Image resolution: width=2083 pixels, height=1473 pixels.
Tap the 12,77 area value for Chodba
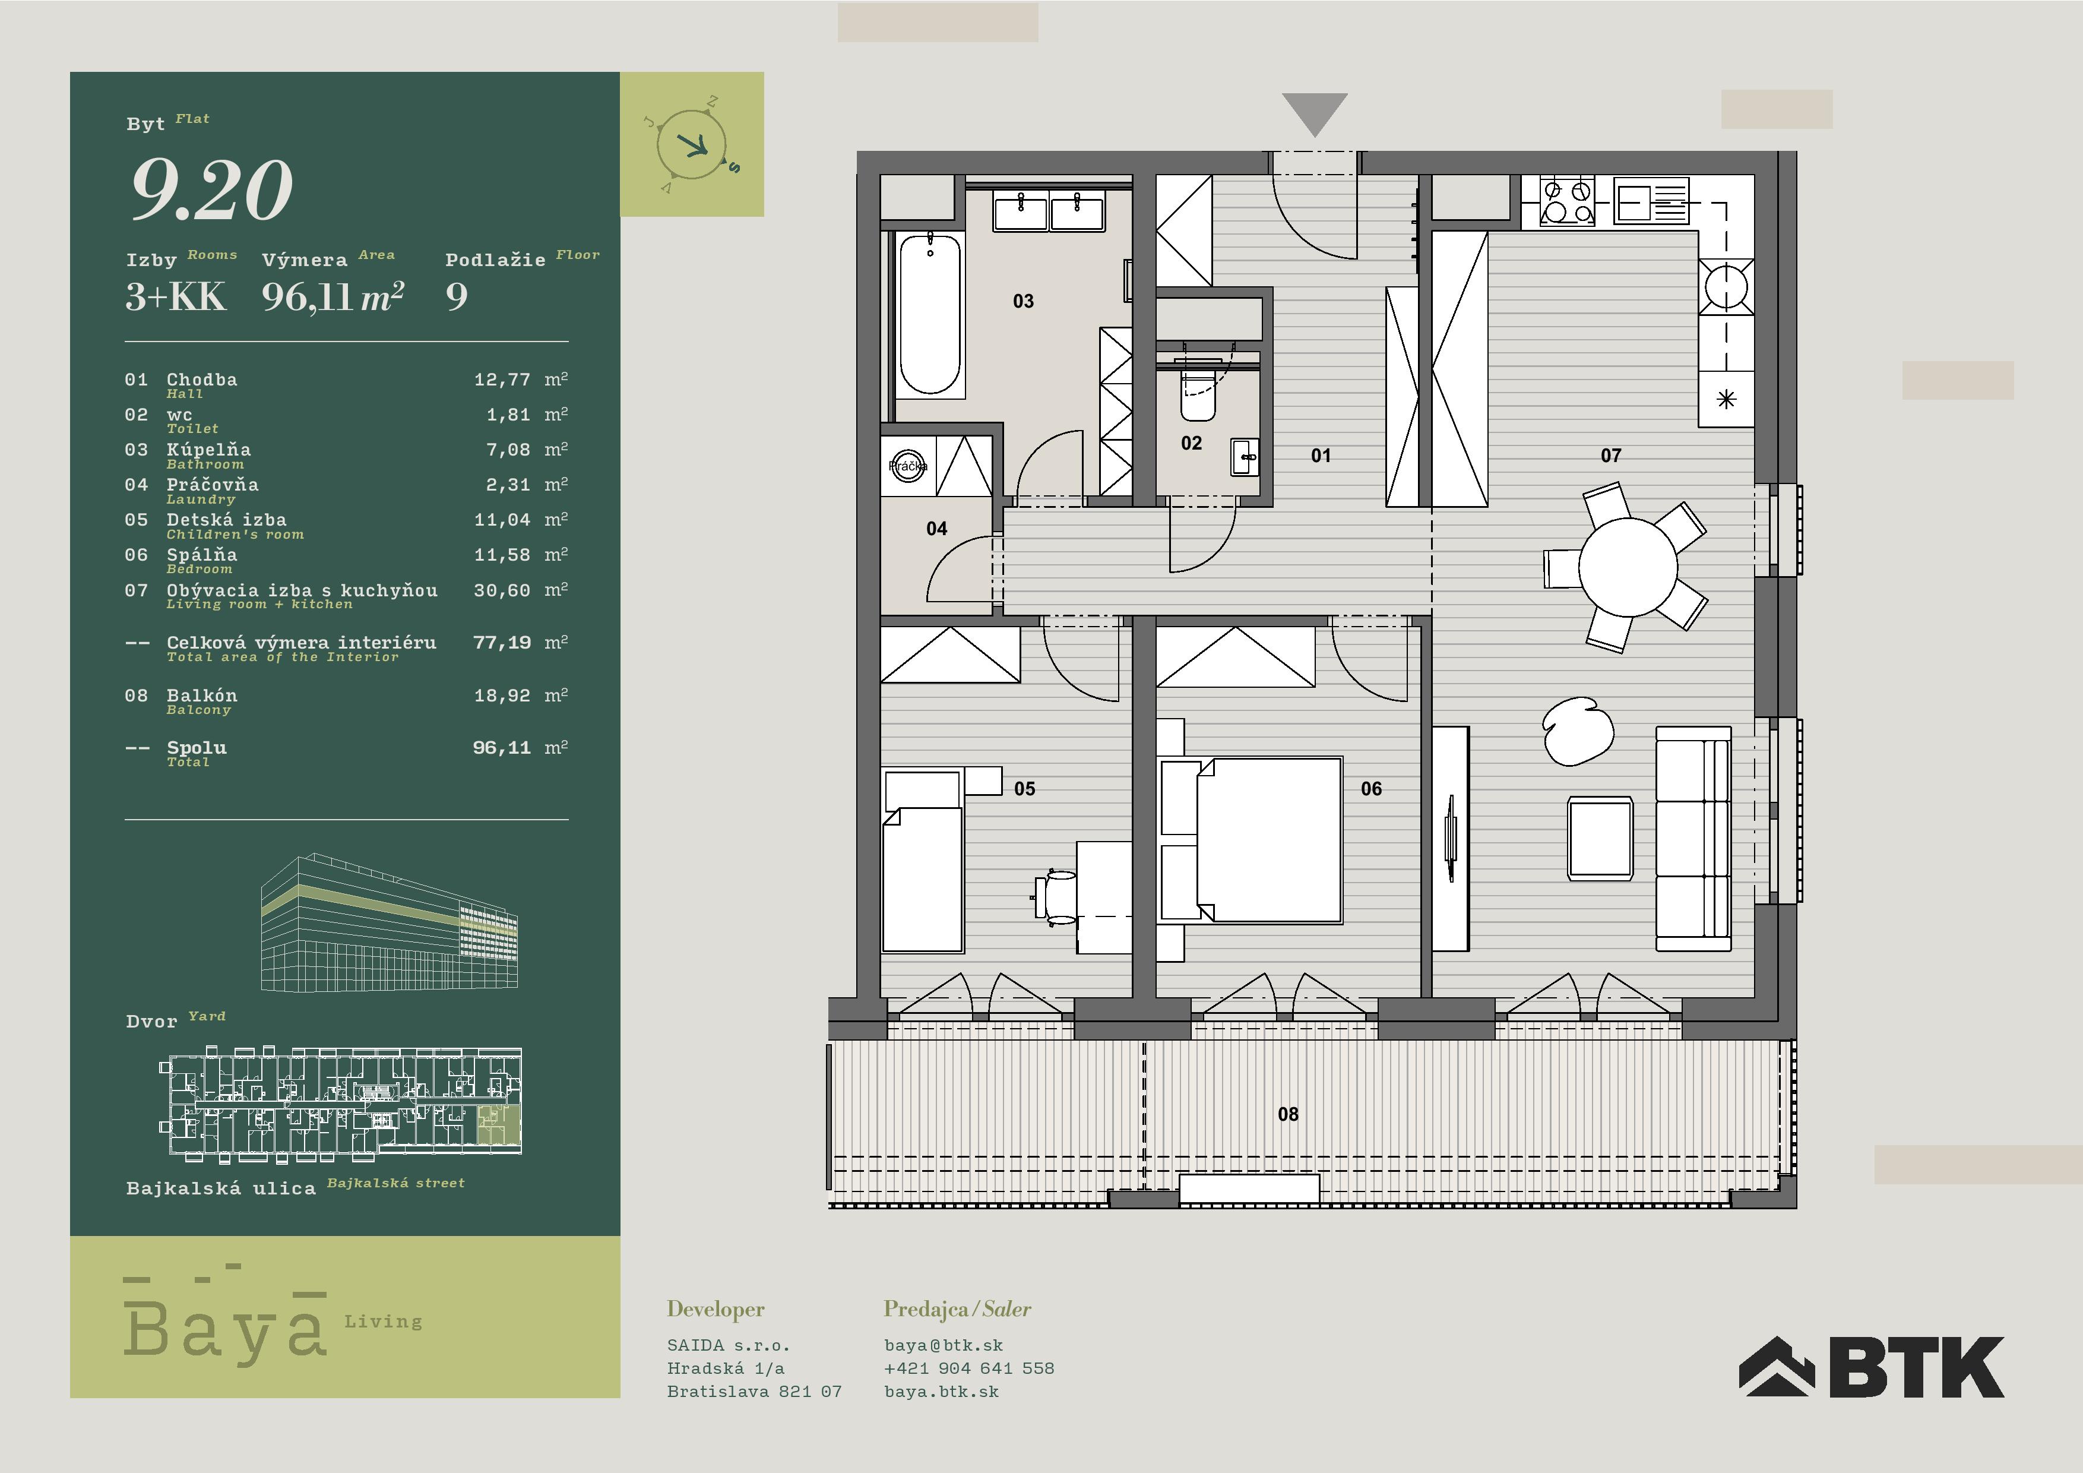[502, 380]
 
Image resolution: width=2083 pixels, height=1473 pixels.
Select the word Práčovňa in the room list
[213, 485]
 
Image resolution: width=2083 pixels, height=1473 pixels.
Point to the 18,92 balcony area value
[502, 695]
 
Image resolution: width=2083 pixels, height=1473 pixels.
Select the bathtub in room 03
[930, 315]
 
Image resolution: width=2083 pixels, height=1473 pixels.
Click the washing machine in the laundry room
[908, 466]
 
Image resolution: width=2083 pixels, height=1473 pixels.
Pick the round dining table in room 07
[1628, 567]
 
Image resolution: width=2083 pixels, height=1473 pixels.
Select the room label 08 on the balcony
[1287, 1114]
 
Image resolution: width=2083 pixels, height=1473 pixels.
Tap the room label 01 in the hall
[1321, 456]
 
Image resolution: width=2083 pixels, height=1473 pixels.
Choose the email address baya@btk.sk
[944, 1345]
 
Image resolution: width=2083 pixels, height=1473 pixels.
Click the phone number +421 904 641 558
[969, 1368]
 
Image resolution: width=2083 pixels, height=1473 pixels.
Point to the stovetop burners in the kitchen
[1567, 201]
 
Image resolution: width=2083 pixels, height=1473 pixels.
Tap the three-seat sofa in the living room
[1693, 839]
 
